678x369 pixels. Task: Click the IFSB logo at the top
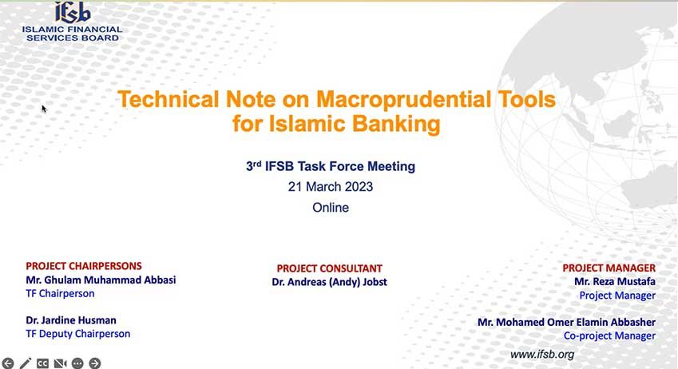pos(73,22)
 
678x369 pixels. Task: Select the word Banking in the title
pos(396,123)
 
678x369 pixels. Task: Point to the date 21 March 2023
pos(331,187)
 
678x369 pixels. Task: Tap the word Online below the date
pos(331,208)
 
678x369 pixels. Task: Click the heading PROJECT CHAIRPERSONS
pos(84,266)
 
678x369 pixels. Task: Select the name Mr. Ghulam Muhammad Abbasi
pos(101,280)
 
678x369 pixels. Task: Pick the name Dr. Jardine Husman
pos(71,320)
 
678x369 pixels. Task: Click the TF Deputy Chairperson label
pos(77,334)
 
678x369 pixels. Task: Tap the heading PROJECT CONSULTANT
pos(330,268)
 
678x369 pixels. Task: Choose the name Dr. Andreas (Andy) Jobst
pos(330,282)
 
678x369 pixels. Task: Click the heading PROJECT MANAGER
pos(609,268)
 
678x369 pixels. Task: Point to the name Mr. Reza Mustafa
pos(615,282)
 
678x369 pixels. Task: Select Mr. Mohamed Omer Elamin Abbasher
pos(566,323)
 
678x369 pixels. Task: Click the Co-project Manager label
pos(609,335)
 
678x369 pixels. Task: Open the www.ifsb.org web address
pos(542,355)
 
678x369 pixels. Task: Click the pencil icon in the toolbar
pos(26,363)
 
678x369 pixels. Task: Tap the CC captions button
pos(42,363)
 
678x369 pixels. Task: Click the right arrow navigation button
pos(95,363)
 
